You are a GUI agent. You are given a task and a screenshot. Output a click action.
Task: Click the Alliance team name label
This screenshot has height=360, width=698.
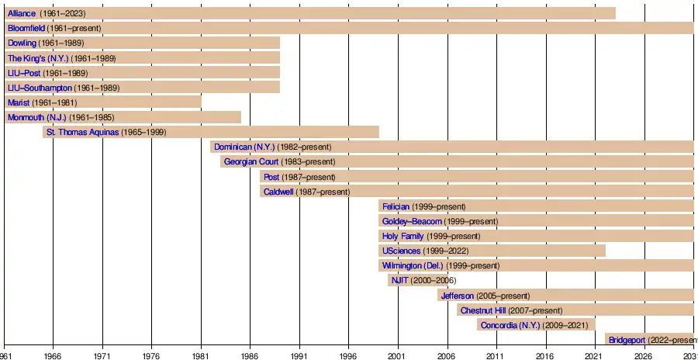click(x=22, y=14)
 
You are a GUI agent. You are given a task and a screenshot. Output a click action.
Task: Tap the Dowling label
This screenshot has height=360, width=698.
click(x=22, y=43)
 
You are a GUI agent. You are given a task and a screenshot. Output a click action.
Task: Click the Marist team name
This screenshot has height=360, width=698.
click(x=18, y=102)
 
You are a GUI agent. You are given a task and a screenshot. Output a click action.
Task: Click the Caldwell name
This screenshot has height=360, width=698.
click(x=278, y=192)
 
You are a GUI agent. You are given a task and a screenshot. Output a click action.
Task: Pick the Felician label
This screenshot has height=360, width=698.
click(x=396, y=206)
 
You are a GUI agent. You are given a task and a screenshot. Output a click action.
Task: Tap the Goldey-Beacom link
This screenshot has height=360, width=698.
click(x=411, y=221)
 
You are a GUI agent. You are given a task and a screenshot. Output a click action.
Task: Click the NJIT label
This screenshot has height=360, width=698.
click(x=400, y=280)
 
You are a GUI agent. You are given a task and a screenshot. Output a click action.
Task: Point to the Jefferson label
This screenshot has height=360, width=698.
click(x=457, y=296)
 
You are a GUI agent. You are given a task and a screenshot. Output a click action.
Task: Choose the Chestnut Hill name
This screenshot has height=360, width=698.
click(x=483, y=310)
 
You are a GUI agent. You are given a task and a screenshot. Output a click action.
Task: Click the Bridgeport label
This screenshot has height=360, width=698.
click(x=627, y=340)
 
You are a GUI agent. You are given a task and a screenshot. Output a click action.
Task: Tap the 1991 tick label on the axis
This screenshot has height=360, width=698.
click(x=299, y=355)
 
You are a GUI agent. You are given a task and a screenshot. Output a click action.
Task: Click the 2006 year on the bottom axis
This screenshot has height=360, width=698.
click(x=447, y=355)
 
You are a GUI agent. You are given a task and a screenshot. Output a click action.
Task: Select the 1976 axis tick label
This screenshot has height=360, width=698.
click(x=152, y=355)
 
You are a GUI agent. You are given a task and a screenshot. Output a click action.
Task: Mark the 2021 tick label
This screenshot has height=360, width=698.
click(x=594, y=355)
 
